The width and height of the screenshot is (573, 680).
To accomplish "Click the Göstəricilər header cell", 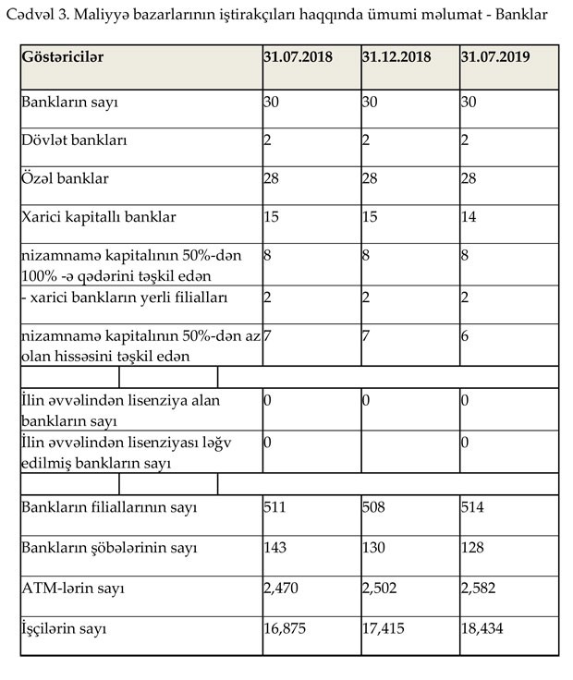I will click(63, 56).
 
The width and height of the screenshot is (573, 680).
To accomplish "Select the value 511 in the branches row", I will click(275, 507).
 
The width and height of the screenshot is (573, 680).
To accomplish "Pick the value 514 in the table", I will click(473, 507).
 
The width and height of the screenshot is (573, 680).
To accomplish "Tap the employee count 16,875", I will click(286, 629).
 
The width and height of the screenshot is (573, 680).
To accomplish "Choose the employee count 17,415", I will click(384, 629).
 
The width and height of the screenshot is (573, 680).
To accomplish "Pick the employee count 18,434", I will click(484, 629).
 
